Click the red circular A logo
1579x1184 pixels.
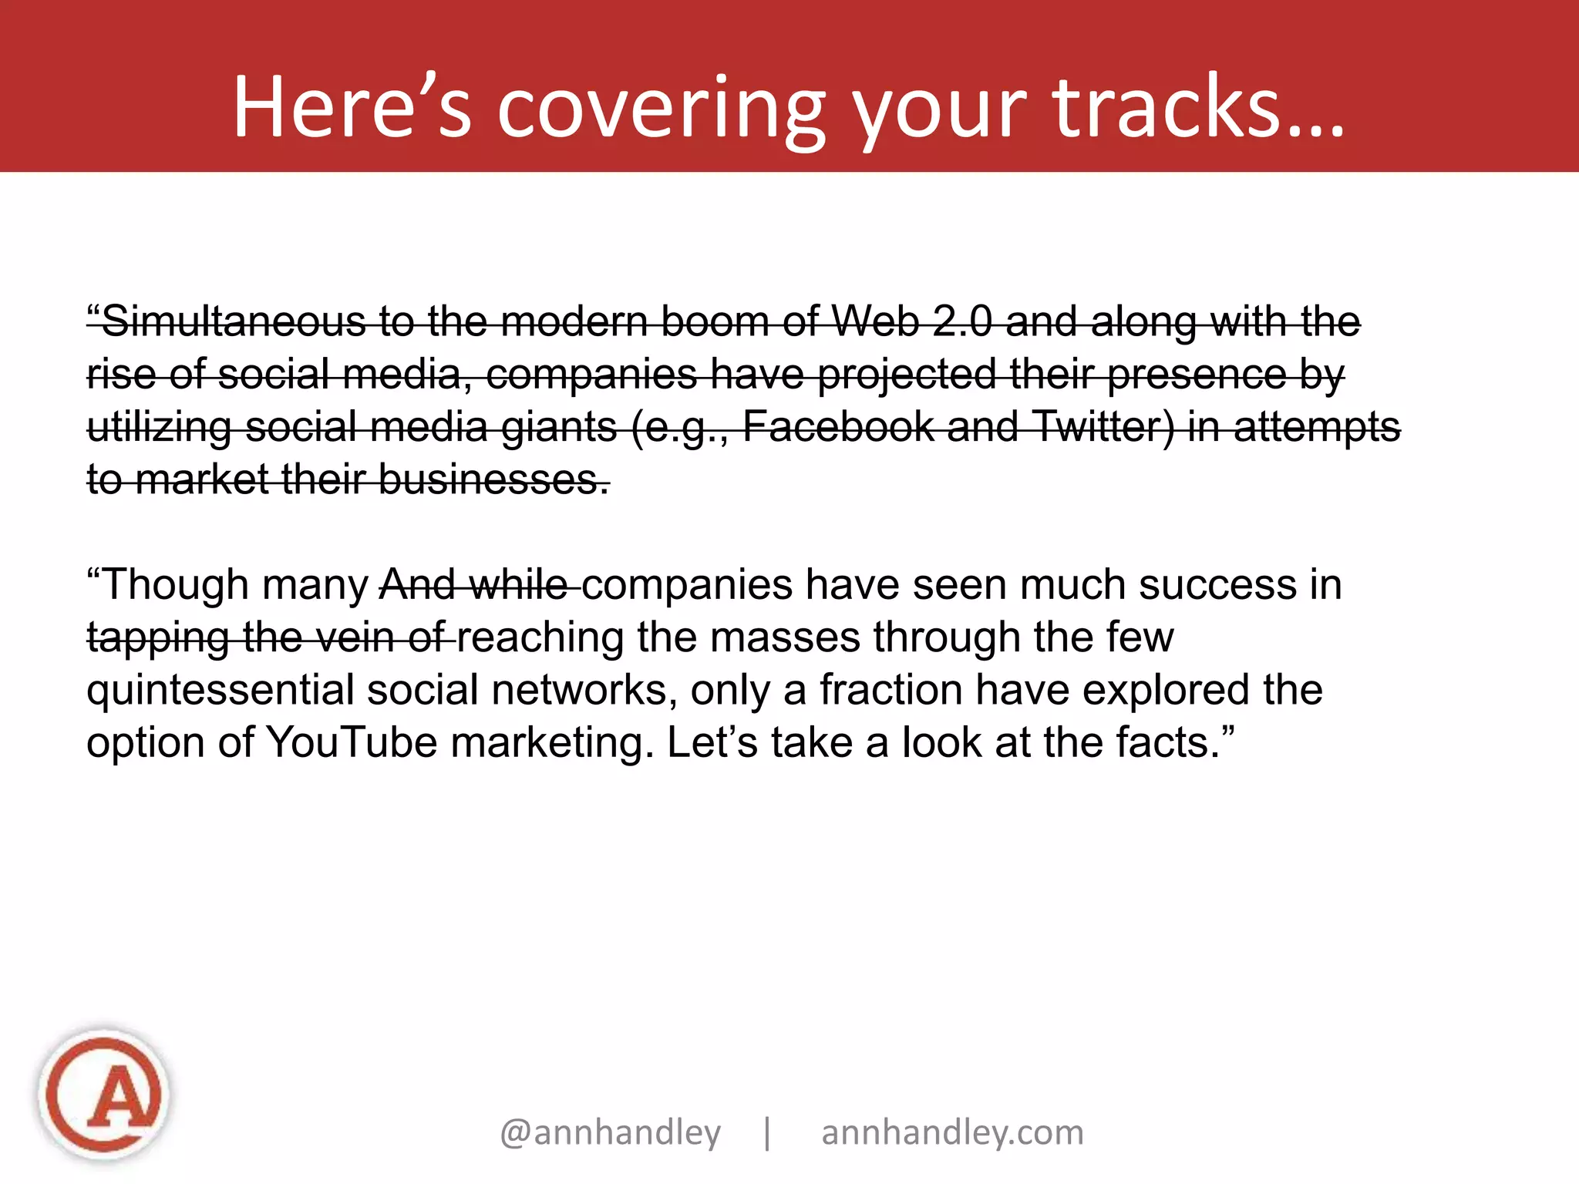point(104,1095)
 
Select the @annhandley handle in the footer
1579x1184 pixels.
point(610,1132)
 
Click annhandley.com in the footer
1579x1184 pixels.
point(952,1132)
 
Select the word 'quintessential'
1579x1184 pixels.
point(220,690)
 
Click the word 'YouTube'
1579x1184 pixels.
point(352,742)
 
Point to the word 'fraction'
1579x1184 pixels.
point(891,690)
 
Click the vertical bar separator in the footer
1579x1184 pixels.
point(767,1132)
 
